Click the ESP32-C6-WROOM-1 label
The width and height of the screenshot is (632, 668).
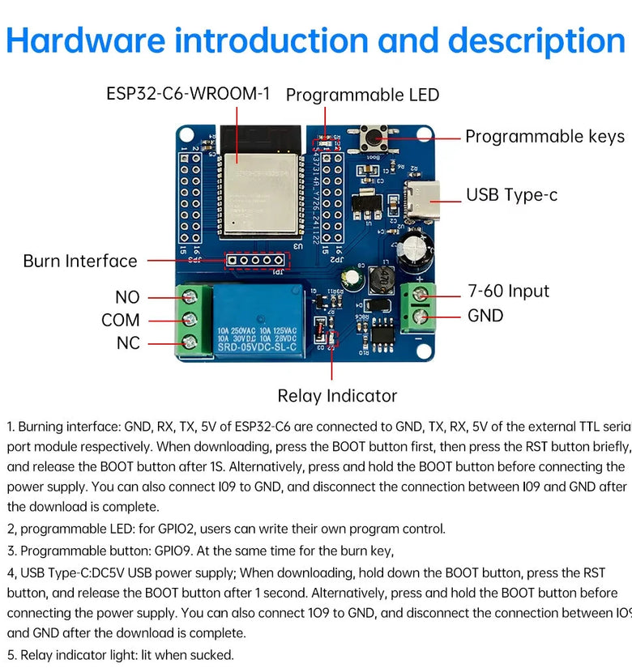[x=188, y=94]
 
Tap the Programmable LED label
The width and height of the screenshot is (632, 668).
[x=362, y=95]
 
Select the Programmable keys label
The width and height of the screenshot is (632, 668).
[x=544, y=136]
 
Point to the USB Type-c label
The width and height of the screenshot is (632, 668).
[x=511, y=195]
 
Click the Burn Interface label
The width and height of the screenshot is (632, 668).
[x=80, y=261]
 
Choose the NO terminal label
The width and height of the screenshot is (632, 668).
[x=127, y=297]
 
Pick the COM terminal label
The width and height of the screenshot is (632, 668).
[x=121, y=320]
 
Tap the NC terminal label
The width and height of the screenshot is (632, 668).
[x=128, y=343]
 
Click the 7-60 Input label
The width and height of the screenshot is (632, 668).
[x=509, y=291]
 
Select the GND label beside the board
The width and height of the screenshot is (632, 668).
[x=485, y=316]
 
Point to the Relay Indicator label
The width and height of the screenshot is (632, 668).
[x=337, y=396]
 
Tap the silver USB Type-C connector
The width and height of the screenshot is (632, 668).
[x=424, y=194]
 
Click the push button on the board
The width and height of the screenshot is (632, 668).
[x=376, y=138]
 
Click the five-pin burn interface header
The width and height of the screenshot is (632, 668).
[x=257, y=261]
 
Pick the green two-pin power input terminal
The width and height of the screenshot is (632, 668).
[x=418, y=304]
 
